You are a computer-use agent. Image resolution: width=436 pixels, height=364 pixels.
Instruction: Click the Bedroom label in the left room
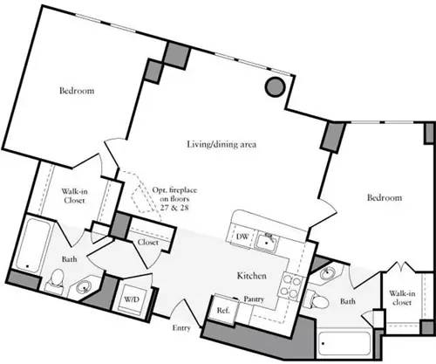click(77, 91)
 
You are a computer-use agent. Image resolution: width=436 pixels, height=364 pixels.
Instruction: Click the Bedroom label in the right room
click(384, 199)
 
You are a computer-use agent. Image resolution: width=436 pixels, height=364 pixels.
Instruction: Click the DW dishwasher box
click(242, 237)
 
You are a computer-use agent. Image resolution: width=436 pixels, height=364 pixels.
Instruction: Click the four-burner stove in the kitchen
click(292, 286)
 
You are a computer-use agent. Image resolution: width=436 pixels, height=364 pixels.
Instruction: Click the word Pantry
click(254, 299)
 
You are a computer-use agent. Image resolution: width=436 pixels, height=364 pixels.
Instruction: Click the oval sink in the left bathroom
click(85, 284)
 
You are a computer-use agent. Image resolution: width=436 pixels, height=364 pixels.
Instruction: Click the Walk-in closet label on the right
click(401, 299)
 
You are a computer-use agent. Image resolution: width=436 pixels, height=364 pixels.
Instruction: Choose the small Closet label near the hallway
click(147, 243)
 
